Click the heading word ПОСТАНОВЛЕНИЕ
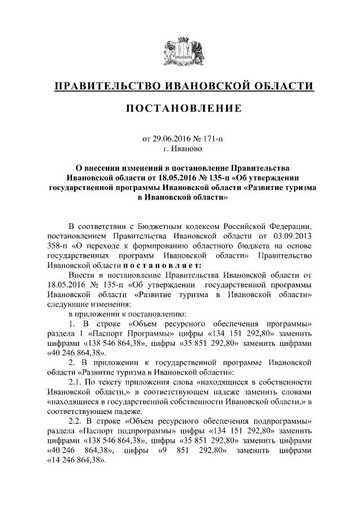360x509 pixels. point(180,107)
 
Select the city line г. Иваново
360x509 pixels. point(180,149)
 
